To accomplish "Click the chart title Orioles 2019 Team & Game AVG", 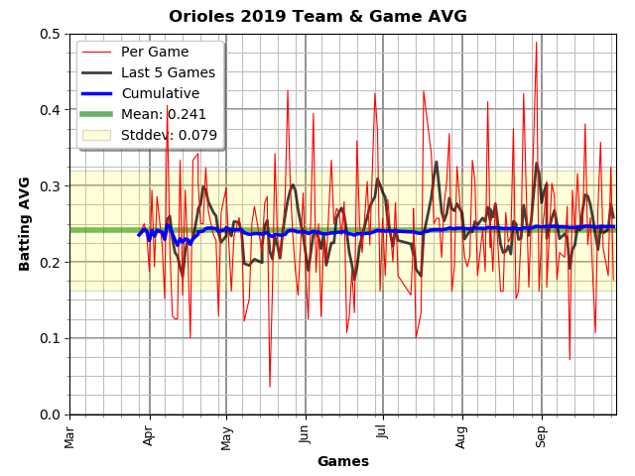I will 317,17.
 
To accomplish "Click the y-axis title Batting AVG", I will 25,223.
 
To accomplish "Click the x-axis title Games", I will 342,461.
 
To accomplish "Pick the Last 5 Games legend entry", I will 168,72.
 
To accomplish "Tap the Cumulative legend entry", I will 160,93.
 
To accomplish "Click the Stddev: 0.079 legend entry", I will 169,135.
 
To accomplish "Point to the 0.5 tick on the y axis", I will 50,34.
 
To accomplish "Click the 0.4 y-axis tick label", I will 50,110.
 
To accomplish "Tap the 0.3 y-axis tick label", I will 50,186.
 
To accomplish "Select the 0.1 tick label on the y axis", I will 50,338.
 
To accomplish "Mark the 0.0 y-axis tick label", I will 50,415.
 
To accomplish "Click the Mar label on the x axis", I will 70,434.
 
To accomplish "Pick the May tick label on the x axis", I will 227,434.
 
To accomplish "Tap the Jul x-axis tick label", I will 382,434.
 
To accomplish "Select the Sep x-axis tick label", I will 541,434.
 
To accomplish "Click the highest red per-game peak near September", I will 536,42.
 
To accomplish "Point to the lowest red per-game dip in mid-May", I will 269,387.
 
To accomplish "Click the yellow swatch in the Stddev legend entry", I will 96,135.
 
